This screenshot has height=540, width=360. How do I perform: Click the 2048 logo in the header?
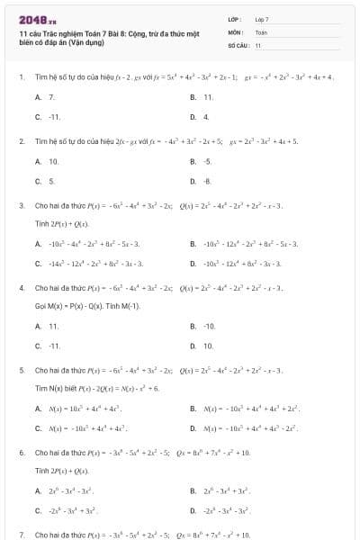click(31, 19)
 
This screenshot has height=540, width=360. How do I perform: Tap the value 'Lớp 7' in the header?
click(262, 19)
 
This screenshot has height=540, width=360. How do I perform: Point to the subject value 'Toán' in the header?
click(261, 31)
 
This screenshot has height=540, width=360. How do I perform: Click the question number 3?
click(22, 205)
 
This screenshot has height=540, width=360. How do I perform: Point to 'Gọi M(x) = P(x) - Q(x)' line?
click(86, 306)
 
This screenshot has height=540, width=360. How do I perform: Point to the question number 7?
click(22, 535)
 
